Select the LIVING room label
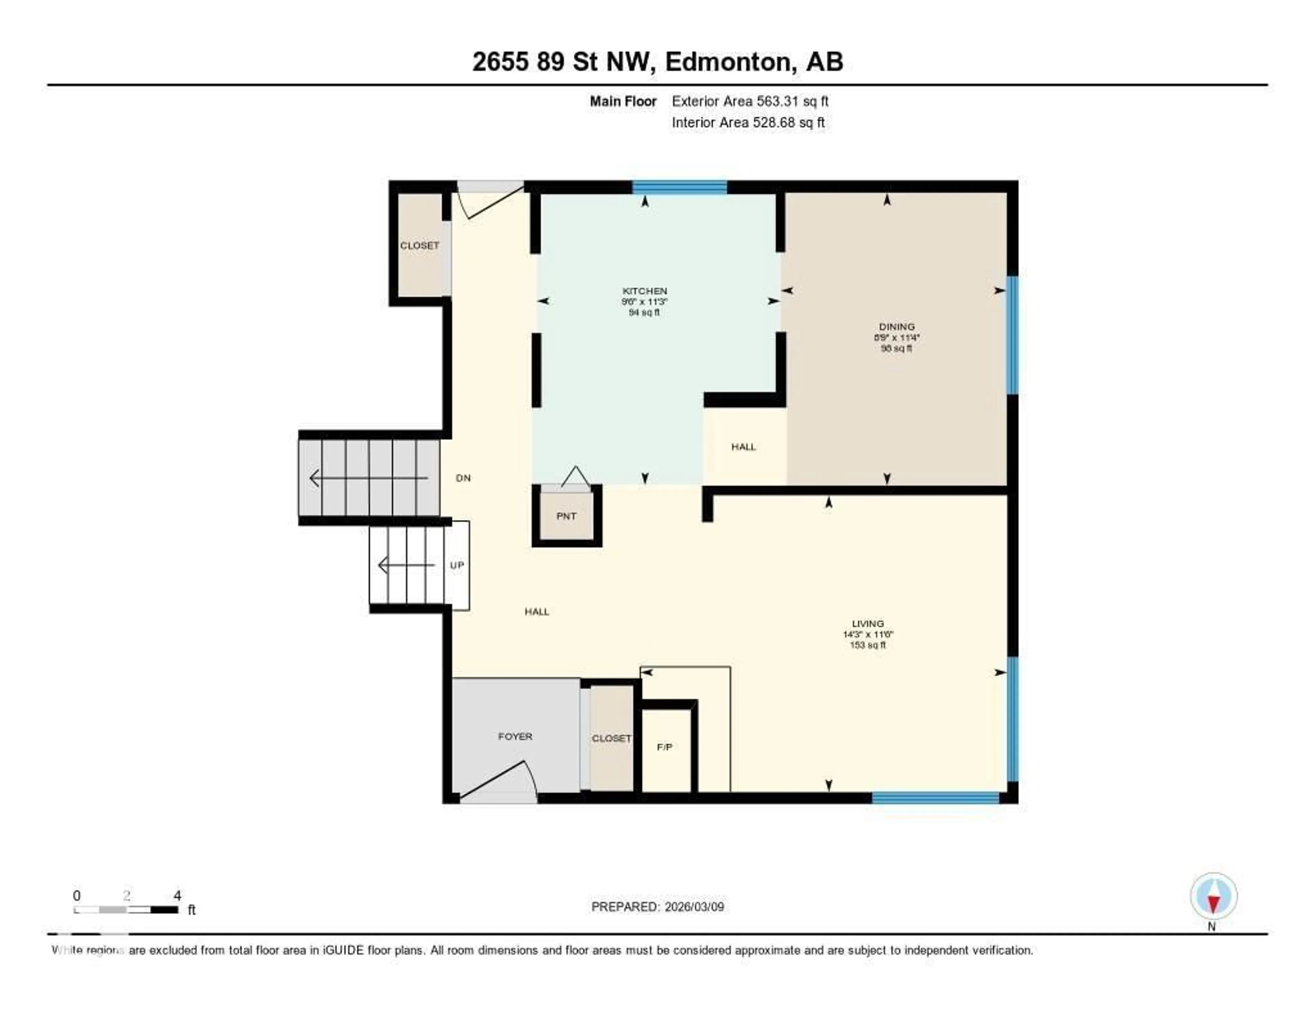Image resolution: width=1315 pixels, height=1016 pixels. [868, 624]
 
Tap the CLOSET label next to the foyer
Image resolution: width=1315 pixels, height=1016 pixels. [611, 738]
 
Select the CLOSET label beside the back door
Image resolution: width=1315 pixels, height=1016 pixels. [419, 246]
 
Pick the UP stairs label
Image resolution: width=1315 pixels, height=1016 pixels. [457, 565]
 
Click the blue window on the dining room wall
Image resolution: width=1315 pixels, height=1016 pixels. [1013, 335]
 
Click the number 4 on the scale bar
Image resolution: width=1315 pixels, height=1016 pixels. [177, 895]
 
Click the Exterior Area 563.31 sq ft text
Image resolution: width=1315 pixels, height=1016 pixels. [750, 101]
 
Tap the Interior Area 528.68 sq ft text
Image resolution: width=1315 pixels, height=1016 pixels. [748, 122]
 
